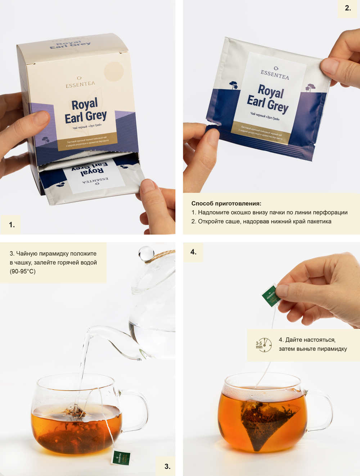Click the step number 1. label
tap(12, 225)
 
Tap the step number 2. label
tap(348, 8)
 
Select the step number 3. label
tap(167, 466)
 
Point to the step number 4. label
tap(193, 252)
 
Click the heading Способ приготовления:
tap(226, 204)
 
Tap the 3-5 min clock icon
tap(264, 345)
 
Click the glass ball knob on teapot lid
tap(146, 253)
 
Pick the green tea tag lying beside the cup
tap(121, 458)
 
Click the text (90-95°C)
tap(23, 271)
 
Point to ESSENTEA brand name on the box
tap(80, 84)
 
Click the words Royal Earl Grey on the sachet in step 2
tap(268, 98)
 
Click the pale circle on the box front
tap(113, 71)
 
